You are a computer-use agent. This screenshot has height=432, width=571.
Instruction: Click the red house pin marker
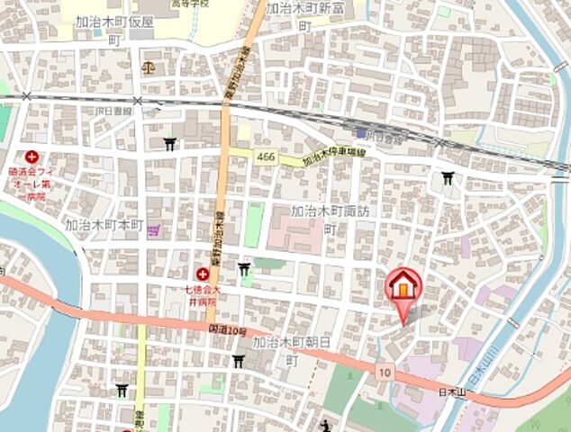[x=403, y=288]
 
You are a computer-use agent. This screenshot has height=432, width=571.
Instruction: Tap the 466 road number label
[x=265, y=156]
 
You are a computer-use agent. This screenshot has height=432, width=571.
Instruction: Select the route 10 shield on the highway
[x=385, y=371]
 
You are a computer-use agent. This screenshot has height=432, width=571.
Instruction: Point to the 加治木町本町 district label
[x=104, y=223]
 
